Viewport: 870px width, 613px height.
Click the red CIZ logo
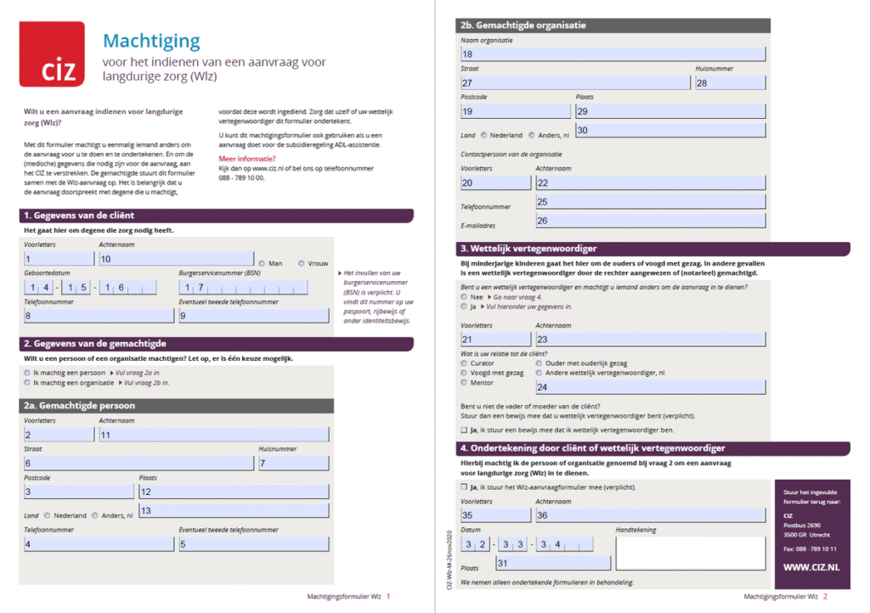coord(52,54)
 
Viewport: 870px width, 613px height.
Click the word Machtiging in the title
coord(151,41)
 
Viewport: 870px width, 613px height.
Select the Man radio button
coord(262,263)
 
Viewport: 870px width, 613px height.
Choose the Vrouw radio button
coord(302,263)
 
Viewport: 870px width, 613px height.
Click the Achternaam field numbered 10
coord(175,259)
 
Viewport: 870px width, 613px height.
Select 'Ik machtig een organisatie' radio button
coord(27,383)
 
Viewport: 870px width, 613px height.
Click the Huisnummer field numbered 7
coord(293,463)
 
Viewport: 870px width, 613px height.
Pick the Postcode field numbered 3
coord(76,492)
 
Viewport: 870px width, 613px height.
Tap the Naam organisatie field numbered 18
coord(612,54)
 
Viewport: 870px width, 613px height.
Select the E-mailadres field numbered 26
coord(650,221)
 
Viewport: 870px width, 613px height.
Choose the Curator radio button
coord(464,363)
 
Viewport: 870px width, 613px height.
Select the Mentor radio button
coord(464,382)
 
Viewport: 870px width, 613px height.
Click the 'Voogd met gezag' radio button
coord(464,373)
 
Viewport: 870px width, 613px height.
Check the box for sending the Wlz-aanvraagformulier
coord(463,487)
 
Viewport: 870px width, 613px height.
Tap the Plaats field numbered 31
coord(552,563)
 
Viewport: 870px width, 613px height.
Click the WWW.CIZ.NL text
coord(811,565)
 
